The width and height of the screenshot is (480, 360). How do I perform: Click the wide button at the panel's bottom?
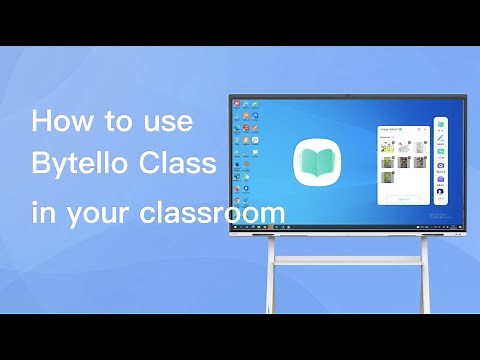pyautogui.click(x=403, y=198)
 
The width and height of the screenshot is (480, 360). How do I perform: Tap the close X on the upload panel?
pyautogui.click(x=426, y=128)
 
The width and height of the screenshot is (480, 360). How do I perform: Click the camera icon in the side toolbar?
pyautogui.click(x=440, y=165)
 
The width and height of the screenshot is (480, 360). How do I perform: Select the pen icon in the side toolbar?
pyautogui.click(x=440, y=139)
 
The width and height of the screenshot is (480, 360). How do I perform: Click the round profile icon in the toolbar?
pyautogui.click(x=440, y=191)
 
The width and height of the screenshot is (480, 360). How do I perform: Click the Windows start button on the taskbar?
pyautogui.click(x=234, y=225)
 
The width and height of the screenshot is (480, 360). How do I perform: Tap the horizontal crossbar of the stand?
pyautogui.click(x=347, y=260)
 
